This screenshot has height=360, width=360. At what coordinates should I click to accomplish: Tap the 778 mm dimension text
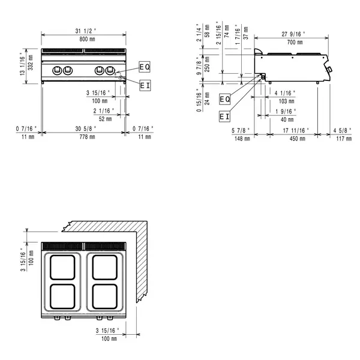(x=83, y=137)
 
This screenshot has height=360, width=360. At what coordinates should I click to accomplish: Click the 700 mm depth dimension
(x=294, y=43)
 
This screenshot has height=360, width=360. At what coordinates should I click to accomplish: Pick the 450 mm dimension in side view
(x=294, y=138)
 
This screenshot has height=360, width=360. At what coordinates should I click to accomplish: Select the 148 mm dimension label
(x=242, y=138)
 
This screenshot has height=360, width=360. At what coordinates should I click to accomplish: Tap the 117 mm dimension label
(x=344, y=138)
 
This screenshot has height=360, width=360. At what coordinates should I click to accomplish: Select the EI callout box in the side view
(x=224, y=116)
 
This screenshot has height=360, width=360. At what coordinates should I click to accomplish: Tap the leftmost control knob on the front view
(x=57, y=70)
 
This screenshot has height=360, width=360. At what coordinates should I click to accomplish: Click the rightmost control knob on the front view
(x=110, y=70)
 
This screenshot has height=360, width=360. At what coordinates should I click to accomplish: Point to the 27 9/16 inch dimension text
(x=294, y=34)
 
